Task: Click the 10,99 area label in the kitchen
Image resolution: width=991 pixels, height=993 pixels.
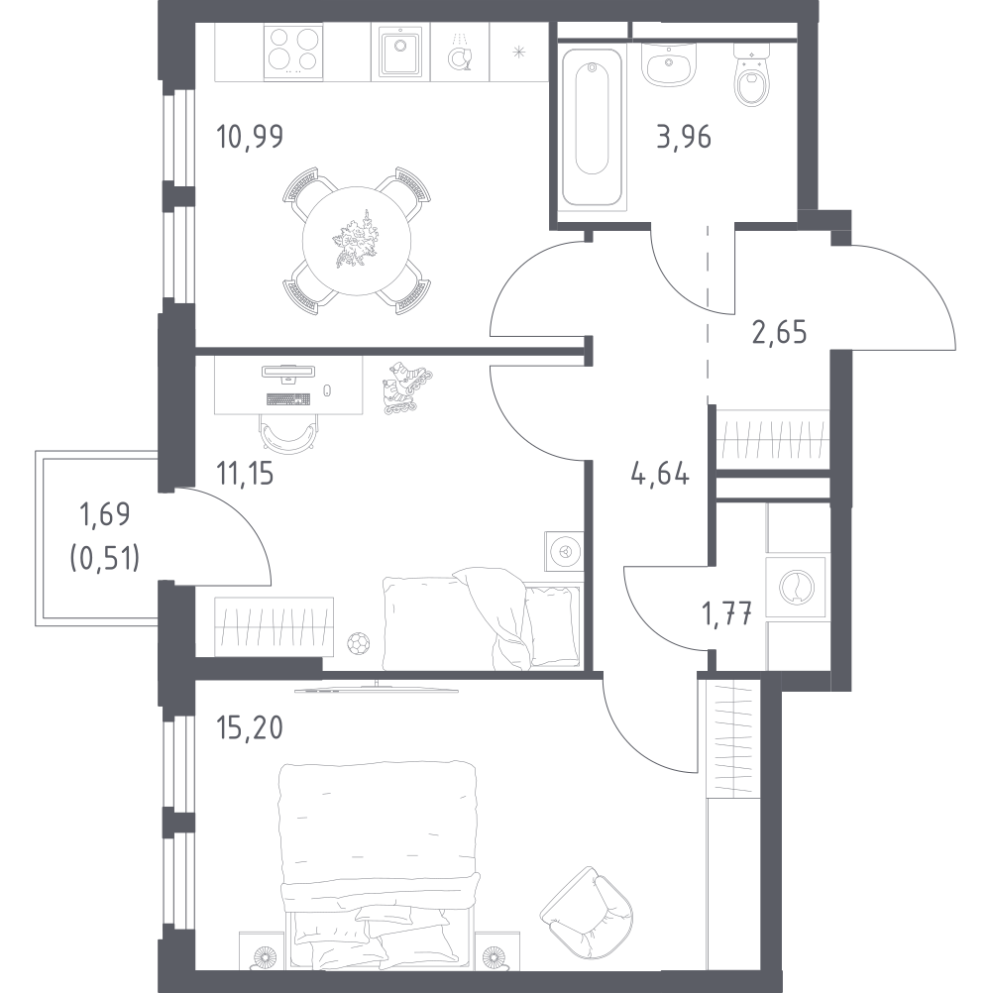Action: [250, 136]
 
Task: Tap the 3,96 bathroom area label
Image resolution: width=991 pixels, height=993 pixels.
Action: [683, 136]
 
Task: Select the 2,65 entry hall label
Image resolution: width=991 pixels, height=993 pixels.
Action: [778, 331]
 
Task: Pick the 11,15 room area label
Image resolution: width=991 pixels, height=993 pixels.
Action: [245, 474]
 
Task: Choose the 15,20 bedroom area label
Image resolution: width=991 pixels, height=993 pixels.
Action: [250, 729]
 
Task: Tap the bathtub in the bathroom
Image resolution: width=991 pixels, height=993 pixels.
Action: [593, 119]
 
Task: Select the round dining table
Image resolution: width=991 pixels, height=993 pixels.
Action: [357, 241]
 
